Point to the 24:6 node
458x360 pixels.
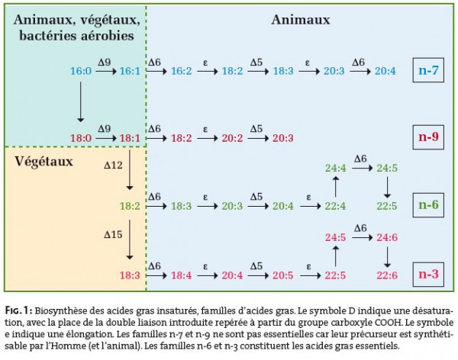(385, 237)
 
